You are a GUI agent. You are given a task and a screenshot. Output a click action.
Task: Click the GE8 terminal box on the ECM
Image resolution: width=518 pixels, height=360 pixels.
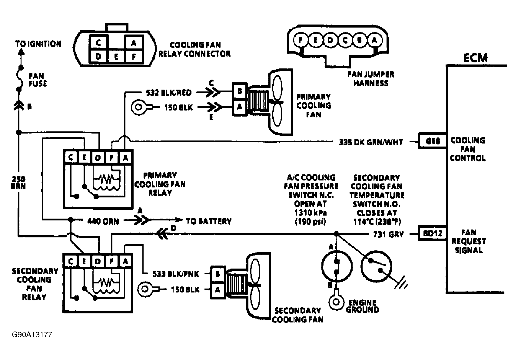pyautogui.click(x=432, y=141)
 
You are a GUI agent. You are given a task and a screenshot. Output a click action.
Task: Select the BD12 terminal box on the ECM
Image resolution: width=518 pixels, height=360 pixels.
pyautogui.click(x=432, y=233)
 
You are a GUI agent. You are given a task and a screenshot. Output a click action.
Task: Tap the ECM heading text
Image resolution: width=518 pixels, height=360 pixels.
pyautogui.click(x=475, y=58)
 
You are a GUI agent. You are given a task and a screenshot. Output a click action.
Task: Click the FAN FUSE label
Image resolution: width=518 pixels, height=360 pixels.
pyautogui.click(x=38, y=80)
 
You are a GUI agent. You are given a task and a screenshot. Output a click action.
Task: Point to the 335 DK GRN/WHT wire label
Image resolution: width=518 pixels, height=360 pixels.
pyautogui.click(x=371, y=142)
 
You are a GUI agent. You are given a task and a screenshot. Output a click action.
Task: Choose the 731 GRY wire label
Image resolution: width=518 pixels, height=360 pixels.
pyautogui.click(x=388, y=234)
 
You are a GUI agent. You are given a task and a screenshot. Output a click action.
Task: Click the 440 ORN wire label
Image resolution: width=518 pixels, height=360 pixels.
pyautogui.click(x=103, y=221)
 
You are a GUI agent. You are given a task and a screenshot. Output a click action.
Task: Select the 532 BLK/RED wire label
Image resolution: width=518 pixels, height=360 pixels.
pyautogui.click(x=168, y=93)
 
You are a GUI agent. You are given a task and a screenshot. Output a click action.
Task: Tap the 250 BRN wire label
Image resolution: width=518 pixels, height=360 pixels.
pyautogui.click(x=18, y=182)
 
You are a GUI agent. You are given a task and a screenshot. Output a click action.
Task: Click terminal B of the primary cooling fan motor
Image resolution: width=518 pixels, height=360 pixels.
pyautogui.click(x=240, y=91)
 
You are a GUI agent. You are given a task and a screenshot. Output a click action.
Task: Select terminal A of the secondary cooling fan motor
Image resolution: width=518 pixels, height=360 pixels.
pyautogui.click(x=217, y=290)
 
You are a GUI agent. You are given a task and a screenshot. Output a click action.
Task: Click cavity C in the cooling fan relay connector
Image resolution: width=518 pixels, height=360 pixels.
pyautogui.click(x=98, y=43)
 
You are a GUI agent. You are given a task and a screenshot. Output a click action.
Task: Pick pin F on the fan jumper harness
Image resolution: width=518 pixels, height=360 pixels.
pyautogui.click(x=301, y=40)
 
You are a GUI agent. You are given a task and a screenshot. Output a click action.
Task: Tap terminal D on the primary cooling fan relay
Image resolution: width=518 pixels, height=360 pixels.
pyautogui.click(x=98, y=158)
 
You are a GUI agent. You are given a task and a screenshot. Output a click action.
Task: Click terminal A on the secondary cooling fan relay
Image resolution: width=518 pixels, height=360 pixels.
pyautogui.click(x=125, y=261)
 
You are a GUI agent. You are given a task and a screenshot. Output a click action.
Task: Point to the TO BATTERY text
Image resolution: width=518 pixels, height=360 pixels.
pyautogui.click(x=208, y=221)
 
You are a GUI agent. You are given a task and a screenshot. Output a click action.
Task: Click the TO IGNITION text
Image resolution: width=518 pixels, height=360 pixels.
pyautogui.click(x=38, y=44)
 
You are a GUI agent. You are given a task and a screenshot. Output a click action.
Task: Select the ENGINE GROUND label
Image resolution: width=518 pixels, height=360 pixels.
pyautogui.click(x=362, y=306)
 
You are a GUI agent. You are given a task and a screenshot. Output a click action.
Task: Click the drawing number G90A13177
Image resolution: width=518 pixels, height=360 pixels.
pyautogui.click(x=32, y=335)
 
